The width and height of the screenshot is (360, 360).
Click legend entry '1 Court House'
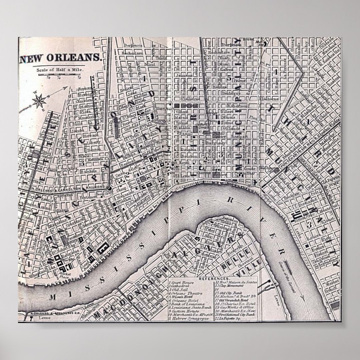coord(182,282)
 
